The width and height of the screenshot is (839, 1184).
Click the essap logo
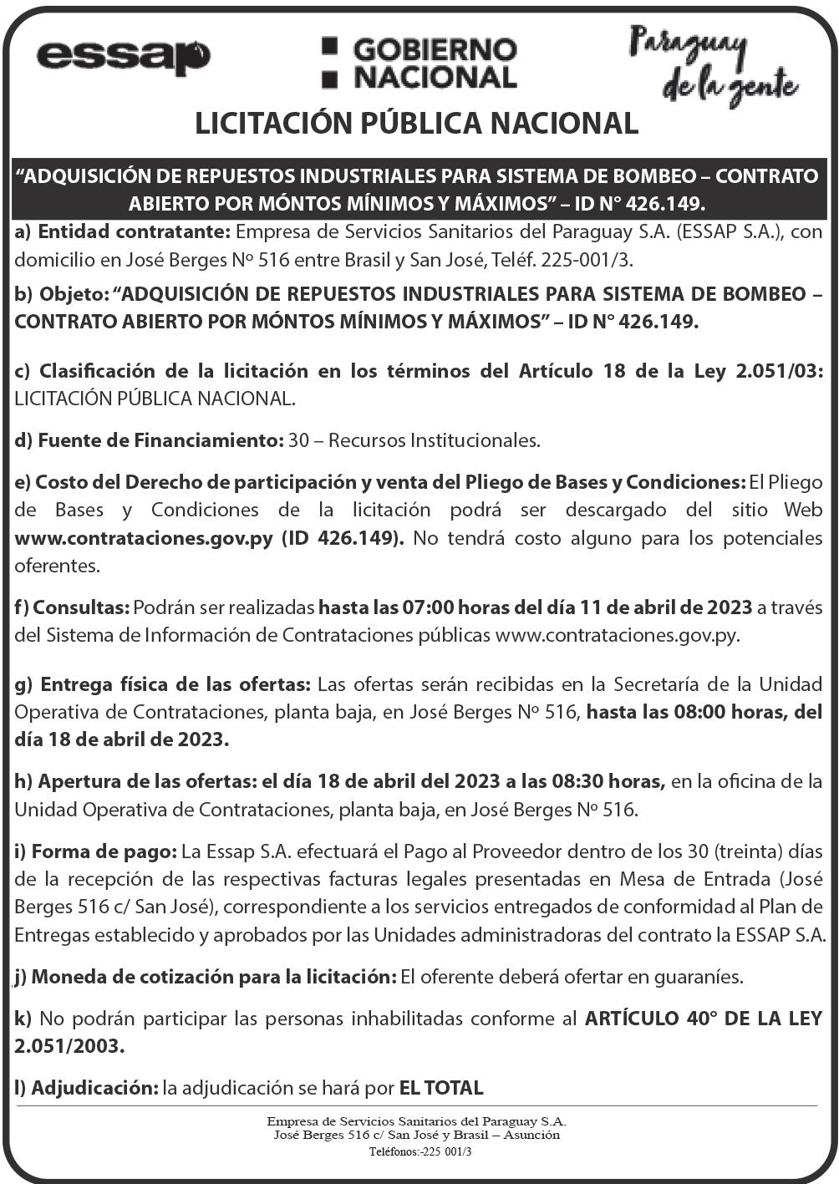[123, 58]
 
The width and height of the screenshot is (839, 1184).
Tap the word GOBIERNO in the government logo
[435, 51]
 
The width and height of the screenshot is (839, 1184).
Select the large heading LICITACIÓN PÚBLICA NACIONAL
[416, 124]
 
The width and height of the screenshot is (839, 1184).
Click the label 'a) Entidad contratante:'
[123, 231]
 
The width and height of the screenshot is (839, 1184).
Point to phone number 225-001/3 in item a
[587, 260]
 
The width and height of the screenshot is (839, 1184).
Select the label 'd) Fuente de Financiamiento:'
[148, 440]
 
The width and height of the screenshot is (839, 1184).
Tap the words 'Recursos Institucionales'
[434, 440]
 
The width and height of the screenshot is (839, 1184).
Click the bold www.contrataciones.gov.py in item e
[144, 538]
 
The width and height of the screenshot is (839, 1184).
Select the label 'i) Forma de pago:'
[95, 852]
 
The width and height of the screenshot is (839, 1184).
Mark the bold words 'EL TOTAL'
[441, 1088]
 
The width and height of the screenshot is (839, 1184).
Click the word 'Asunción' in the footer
[530, 1135]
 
